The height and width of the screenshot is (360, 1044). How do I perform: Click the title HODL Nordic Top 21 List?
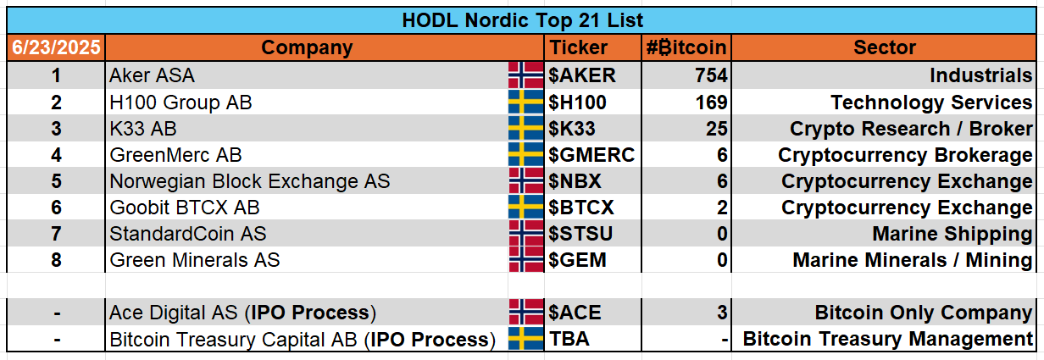(x=522, y=20)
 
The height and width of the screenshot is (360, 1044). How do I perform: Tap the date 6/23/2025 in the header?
(x=56, y=47)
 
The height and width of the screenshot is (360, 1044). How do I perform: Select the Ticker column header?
(x=579, y=47)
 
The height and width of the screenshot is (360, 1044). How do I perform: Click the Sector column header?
(x=884, y=47)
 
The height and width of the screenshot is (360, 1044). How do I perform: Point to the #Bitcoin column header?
(x=686, y=47)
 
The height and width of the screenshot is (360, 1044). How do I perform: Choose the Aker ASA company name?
(x=152, y=75)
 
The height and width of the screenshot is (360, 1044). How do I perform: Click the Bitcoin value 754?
(x=711, y=75)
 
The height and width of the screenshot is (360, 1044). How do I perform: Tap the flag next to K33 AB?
(x=525, y=129)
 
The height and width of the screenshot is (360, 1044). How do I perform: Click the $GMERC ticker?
(x=591, y=155)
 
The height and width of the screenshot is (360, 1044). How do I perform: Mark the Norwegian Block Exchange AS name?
(x=250, y=181)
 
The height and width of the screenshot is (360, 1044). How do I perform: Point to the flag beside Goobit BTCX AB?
(x=525, y=208)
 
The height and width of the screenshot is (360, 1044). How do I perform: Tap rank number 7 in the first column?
(x=56, y=234)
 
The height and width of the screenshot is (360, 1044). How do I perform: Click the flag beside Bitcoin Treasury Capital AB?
(x=525, y=339)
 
